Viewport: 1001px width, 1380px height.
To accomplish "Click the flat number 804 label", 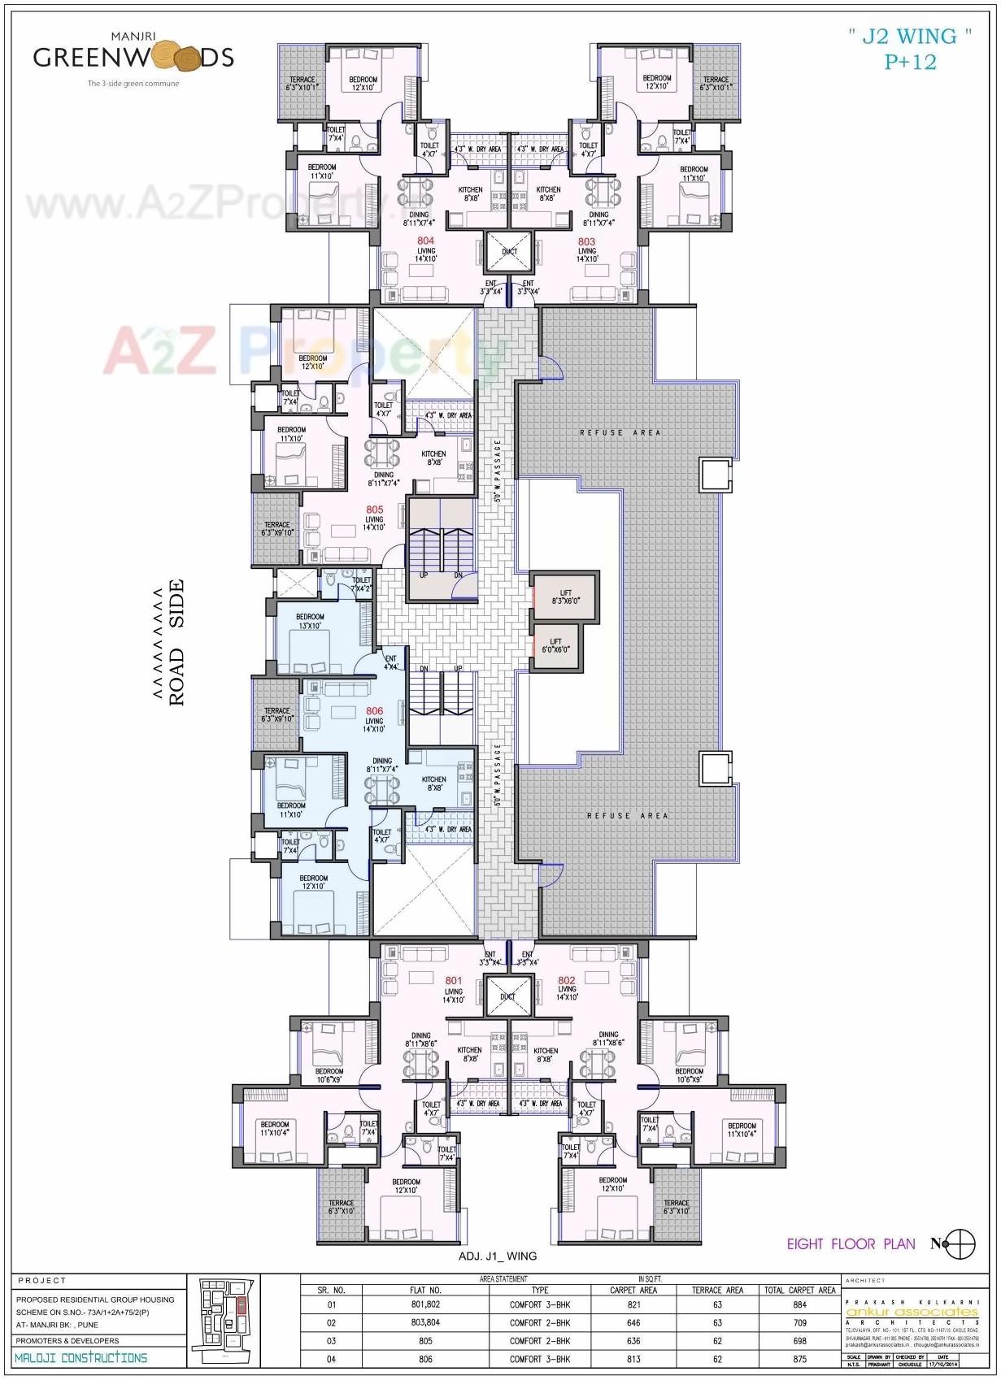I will click(x=425, y=241).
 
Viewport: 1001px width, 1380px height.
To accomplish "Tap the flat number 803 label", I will click(x=586, y=241).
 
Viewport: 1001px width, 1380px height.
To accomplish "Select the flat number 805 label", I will click(x=374, y=510).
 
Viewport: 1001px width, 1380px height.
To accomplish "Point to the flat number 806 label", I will click(x=374, y=710).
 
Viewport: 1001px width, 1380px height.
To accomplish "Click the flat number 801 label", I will click(x=453, y=980).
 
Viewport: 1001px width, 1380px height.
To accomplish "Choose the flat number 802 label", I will click(x=567, y=980).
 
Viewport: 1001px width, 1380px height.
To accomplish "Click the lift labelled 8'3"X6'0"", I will click(x=565, y=597).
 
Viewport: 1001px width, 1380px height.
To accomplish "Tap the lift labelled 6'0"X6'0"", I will click(x=555, y=646).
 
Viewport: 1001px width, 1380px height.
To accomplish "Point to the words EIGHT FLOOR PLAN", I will click(x=851, y=1243).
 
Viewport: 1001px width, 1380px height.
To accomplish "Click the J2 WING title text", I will click(x=910, y=48).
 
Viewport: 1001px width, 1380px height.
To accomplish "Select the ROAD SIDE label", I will click(x=176, y=642).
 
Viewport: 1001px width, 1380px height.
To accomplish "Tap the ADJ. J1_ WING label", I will click(x=498, y=1256).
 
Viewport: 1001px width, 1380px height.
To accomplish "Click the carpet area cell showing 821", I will click(x=633, y=1304).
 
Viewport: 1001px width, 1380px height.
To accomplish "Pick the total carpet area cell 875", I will click(x=799, y=1359).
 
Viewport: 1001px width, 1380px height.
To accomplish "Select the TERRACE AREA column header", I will click(x=717, y=1290).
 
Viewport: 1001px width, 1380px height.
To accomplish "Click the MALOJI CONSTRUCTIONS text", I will click(x=81, y=1358).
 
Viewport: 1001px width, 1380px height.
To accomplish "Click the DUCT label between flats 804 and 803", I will click(x=509, y=252).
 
